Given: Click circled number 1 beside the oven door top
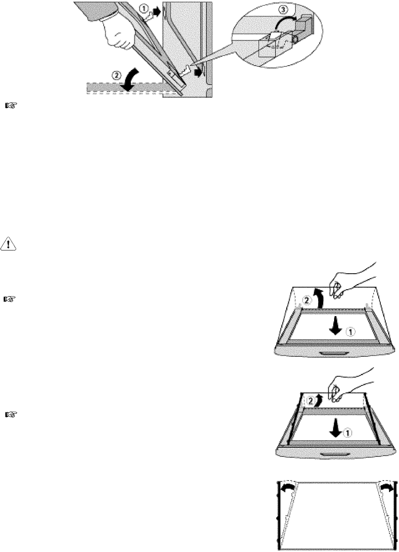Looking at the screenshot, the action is click(144, 9).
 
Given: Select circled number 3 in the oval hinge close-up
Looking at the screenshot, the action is click(283, 10).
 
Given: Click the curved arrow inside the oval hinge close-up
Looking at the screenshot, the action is click(286, 22).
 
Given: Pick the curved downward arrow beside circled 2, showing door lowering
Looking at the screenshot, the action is click(130, 79).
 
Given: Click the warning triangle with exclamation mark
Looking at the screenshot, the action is click(8, 244).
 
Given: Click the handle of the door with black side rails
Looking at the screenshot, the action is click(334, 454).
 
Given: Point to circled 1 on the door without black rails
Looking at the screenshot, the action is click(351, 332).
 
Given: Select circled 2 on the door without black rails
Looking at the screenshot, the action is click(306, 300).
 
